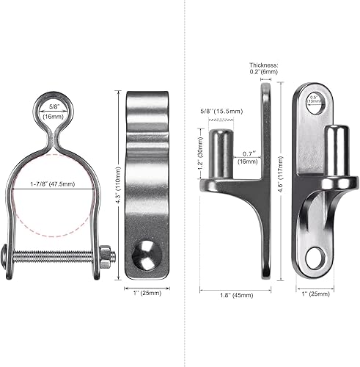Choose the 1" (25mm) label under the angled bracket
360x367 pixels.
click(x=315, y=295)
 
